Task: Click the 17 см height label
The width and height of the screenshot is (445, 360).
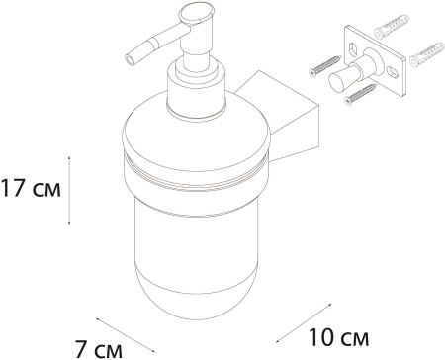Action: click(31, 189)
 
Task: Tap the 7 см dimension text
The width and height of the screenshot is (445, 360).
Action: click(98, 349)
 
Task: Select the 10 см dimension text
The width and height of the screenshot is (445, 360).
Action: click(338, 336)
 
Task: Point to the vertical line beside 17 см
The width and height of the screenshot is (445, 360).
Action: click(69, 190)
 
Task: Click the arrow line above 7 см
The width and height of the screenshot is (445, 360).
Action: click(126, 335)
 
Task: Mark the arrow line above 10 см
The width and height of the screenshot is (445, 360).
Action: click(304, 323)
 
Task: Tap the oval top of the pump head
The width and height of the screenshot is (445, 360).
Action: click(197, 13)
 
